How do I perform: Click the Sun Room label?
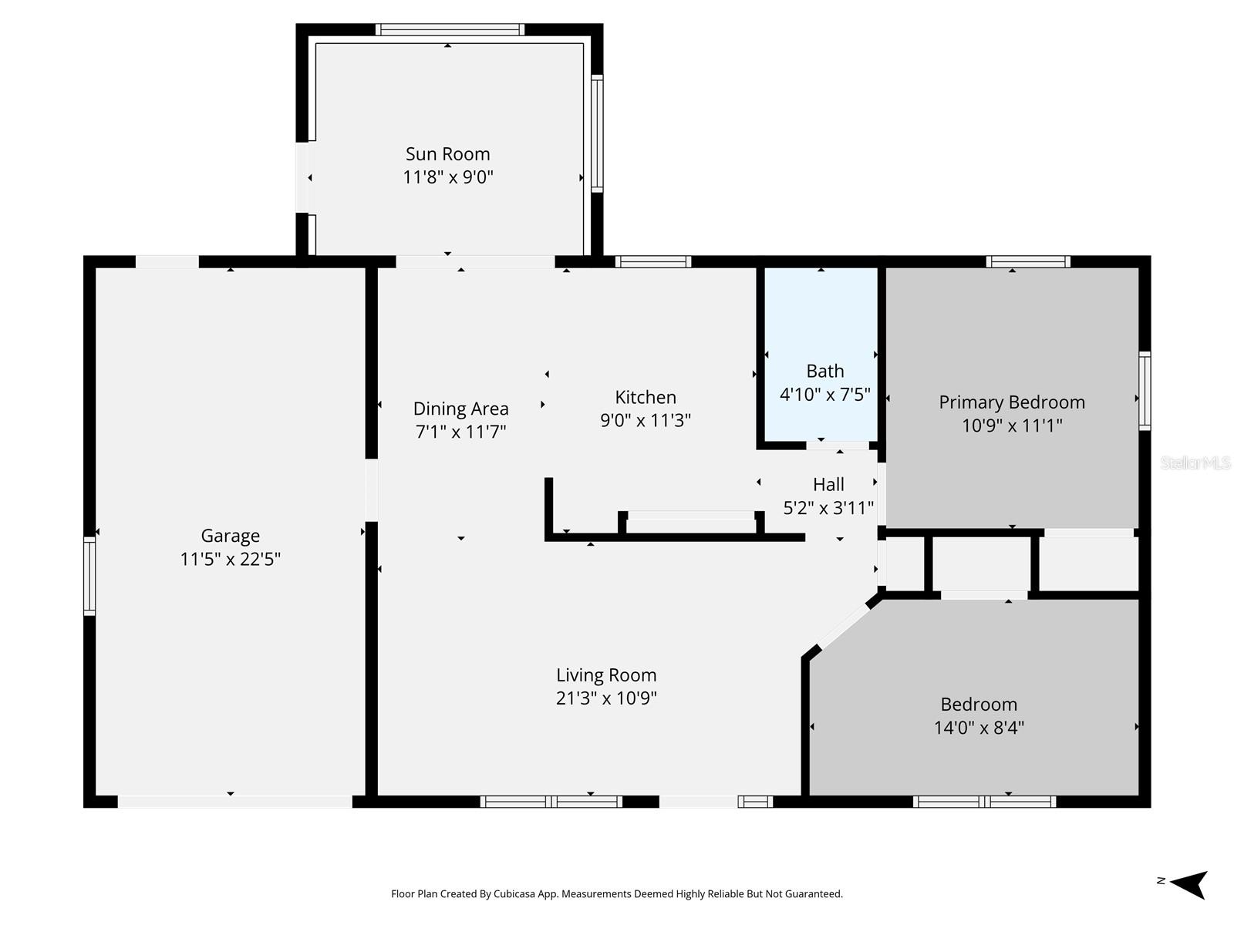[447, 154]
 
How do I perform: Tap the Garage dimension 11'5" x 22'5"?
[230, 559]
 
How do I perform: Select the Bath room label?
[824, 371]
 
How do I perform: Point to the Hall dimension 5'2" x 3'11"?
[828, 508]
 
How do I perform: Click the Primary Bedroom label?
[1011, 402]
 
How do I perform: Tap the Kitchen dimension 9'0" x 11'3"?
[646, 420]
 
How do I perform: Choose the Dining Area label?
[460, 409]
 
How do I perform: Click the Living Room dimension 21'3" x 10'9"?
[606, 698]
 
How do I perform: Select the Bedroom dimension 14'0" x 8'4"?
[979, 728]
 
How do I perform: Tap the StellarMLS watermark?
[1195, 463]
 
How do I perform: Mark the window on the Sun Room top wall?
[450, 30]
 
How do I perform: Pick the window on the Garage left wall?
[89, 576]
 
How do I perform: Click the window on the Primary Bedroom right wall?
[1145, 391]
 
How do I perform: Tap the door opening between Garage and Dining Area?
[372, 489]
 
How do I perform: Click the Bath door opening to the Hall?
[837, 446]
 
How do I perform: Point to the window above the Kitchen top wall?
[652, 262]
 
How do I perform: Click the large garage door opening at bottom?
[234, 802]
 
